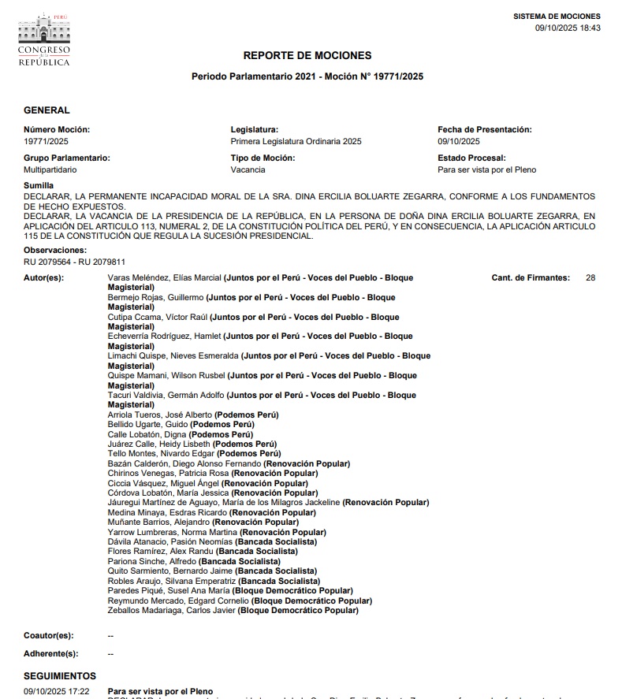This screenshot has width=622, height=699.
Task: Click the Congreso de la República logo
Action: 44,39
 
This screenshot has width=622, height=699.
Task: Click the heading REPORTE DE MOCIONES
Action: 307,56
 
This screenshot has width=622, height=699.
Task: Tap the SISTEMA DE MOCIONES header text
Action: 557,17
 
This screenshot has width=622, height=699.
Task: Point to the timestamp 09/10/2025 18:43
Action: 568,28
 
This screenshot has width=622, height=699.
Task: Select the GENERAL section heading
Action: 47,110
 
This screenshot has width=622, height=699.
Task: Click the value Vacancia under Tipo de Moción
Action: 248,169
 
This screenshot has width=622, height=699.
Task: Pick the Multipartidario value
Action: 50,169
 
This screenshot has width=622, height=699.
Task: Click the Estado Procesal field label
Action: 471,158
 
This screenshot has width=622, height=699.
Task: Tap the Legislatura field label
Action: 255,129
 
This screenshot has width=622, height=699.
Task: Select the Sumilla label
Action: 39,185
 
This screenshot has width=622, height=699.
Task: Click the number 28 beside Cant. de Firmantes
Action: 590,278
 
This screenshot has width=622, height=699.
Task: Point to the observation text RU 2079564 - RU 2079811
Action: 74,262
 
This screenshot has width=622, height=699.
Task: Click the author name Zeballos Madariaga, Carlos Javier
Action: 171,610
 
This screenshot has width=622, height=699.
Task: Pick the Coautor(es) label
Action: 48,635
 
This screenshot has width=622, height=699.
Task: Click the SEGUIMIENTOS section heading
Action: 60,676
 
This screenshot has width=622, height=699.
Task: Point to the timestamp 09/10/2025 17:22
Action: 56,691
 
